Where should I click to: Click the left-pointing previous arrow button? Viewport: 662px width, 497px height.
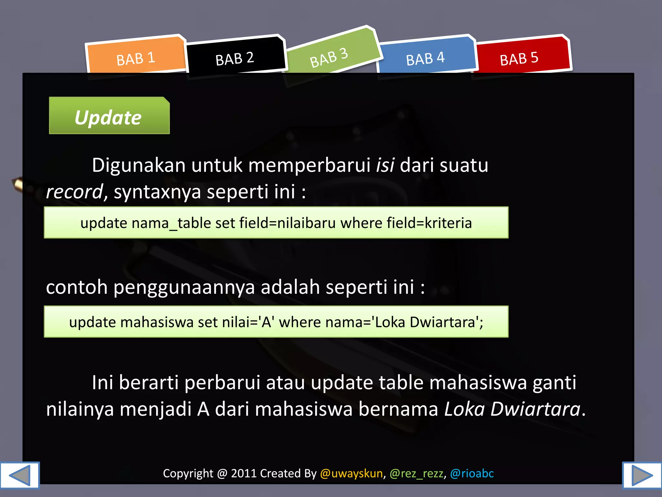pos(19,475)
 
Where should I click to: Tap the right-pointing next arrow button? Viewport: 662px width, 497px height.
pos(642,475)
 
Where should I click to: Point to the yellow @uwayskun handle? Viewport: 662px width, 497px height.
pos(351,473)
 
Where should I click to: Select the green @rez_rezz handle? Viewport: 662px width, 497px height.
pos(416,473)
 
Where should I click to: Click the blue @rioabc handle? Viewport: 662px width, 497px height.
pos(472,473)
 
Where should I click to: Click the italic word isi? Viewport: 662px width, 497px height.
pos(385,165)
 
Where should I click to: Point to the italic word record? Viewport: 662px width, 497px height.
pos(75,192)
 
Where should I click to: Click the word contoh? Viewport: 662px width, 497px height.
pos(77,287)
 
